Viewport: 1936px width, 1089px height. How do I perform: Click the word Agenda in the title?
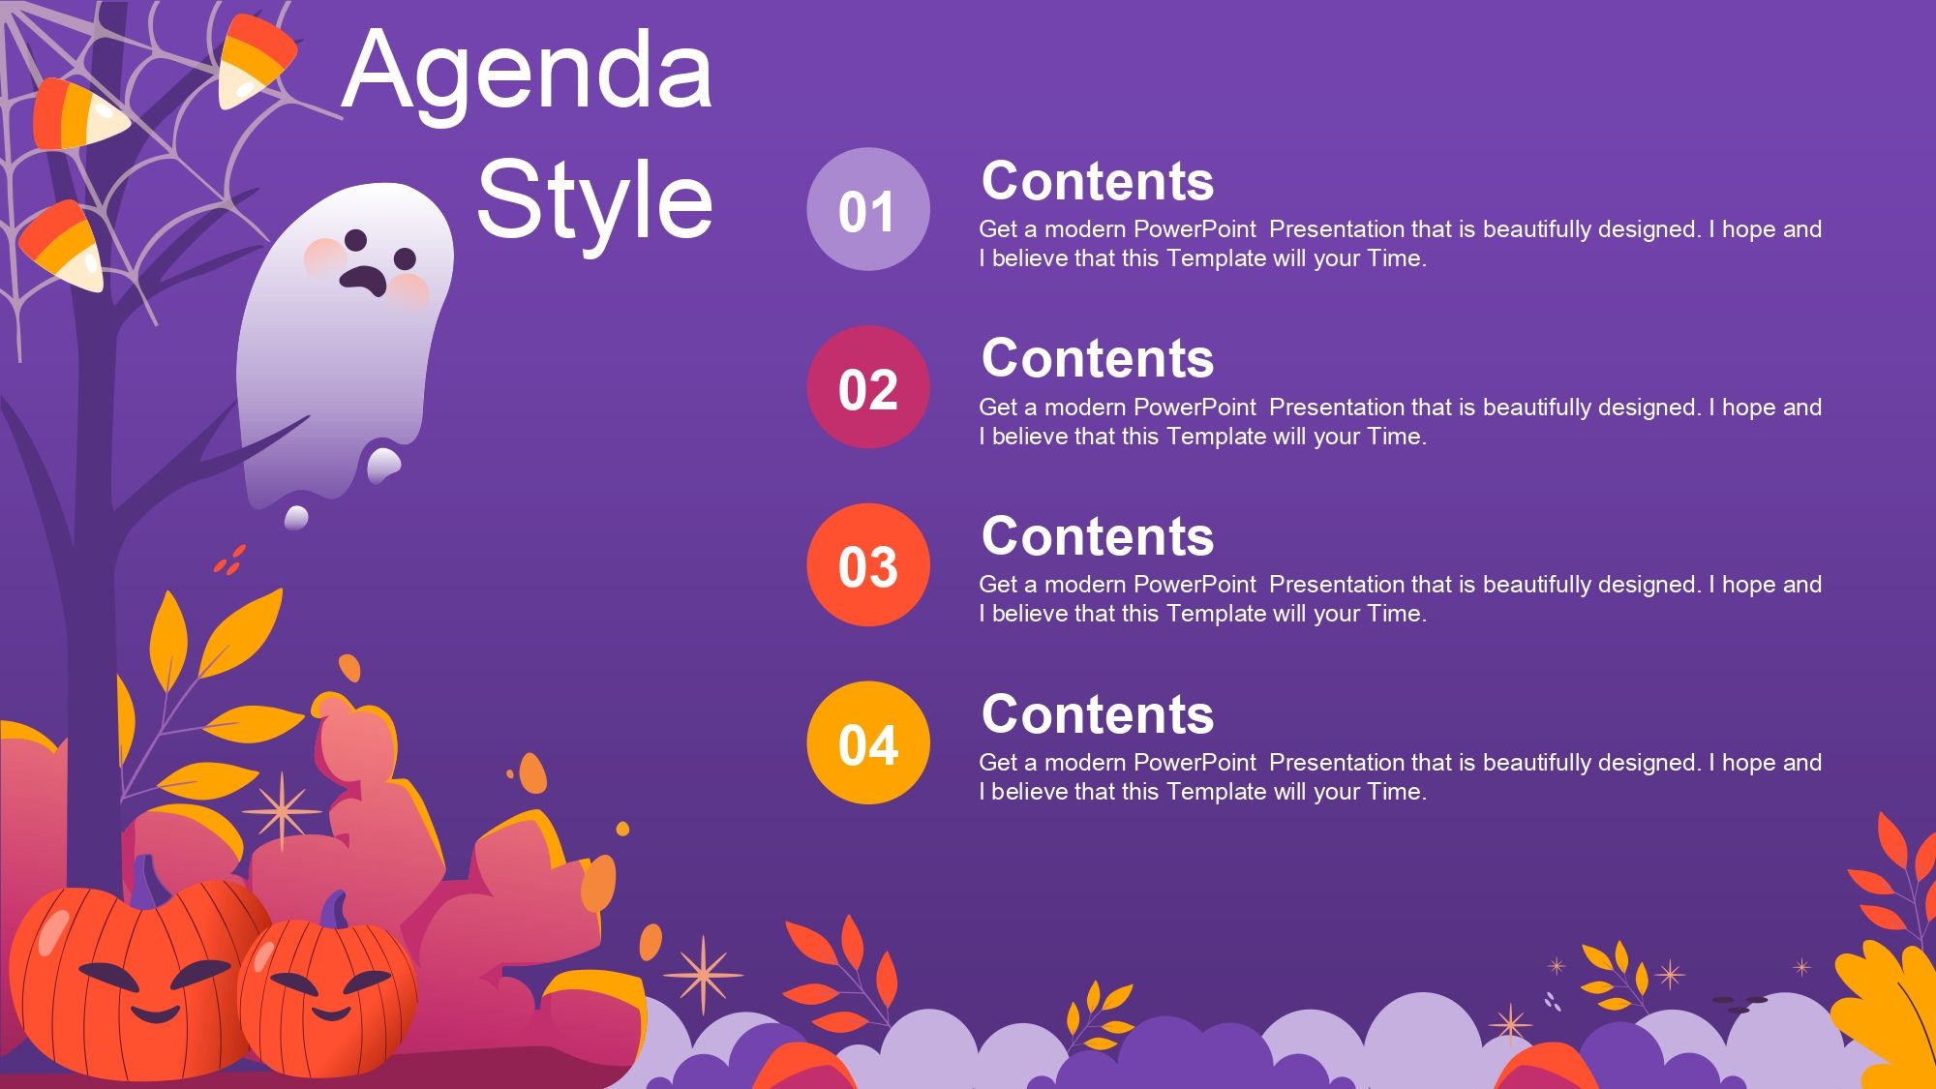[528, 73]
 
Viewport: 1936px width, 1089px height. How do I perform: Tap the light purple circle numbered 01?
[868, 209]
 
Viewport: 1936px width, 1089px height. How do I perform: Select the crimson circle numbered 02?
[868, 387]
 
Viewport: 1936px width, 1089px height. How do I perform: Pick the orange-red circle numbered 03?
[868, 565]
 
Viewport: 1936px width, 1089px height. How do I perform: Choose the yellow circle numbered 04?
[868, 743]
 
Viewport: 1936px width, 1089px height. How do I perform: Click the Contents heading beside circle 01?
[1097, 181]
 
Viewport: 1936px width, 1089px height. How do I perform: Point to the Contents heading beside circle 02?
[1097, 359]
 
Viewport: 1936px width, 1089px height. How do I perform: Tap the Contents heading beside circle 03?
[1097, 536]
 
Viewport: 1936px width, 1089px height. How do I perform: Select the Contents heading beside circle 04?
[1097, 714]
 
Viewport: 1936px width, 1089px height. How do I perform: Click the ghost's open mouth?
[364, 280]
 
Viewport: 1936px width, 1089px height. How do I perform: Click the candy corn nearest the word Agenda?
[254, 60]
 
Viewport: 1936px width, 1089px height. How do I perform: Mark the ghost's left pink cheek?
[323, 257]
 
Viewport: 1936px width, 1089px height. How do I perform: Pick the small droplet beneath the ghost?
[296, 517]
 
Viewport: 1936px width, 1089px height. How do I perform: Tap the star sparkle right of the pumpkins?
[703, 974]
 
